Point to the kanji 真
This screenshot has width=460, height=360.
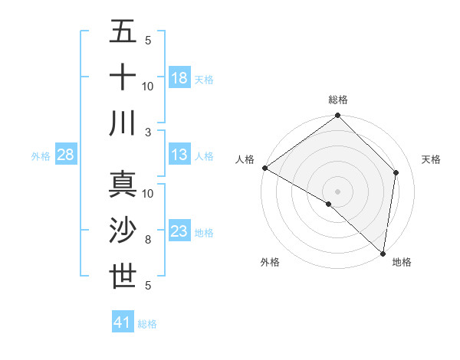pos(123,185)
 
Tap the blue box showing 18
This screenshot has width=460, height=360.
pos(179,77)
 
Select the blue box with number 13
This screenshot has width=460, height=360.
pos(179,155)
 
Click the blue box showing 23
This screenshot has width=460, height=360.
pos(179,231)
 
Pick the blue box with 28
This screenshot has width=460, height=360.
pos(66,155)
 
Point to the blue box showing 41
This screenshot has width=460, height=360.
pos(123,322)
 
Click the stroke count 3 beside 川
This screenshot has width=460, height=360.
pos(148,132)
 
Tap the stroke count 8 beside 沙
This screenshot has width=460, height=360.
pos(148,240)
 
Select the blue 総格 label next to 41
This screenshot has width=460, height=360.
pos(147,324)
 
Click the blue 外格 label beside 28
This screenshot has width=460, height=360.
pos(41,156)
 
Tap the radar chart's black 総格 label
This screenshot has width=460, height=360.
pos(338,100)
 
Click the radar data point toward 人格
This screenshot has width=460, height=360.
pos(264,168)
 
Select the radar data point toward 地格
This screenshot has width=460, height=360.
pos(383,253)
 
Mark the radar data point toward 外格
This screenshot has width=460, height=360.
pos(329,204)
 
